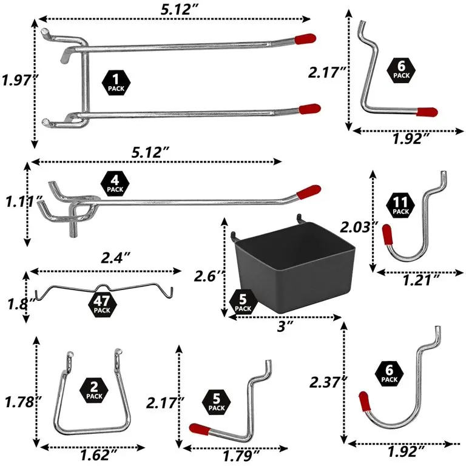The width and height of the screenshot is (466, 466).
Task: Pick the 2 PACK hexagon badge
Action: [x=94, y=389]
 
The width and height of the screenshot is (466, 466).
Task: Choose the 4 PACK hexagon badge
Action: [x=114, y=183]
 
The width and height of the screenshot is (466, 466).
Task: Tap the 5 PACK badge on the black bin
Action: [x=242, y=302]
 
